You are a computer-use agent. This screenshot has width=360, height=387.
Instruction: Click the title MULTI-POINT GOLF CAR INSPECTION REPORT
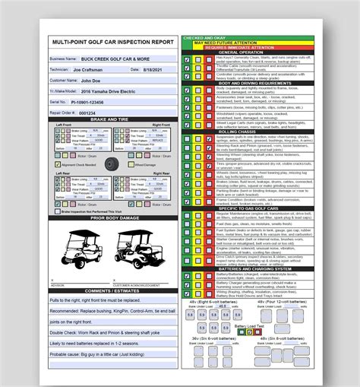point(112,42)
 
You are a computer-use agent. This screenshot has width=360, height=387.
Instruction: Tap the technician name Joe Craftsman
point(99,68)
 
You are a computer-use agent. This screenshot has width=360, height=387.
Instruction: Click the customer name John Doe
point(92,79)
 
